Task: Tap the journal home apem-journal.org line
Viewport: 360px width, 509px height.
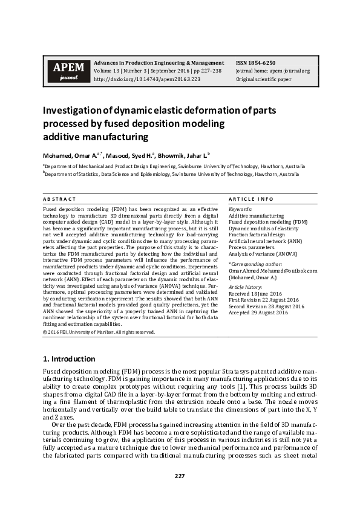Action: [x=272, y=71]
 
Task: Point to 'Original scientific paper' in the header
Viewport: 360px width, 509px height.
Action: [x=263, y=79]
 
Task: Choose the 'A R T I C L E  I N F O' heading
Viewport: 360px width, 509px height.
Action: [x=251, y=199]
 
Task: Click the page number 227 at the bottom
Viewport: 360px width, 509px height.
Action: [x=180, y=476]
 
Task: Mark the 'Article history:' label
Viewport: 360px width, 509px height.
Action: [x=245, y=286]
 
